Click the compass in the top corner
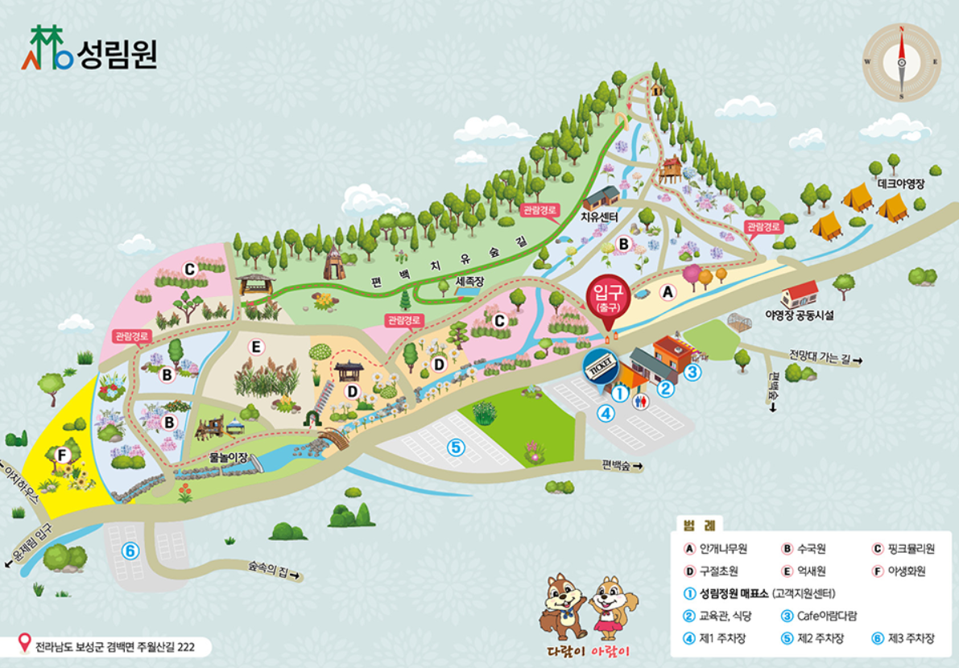[x=902, y=62]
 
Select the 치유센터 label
[x=598, y=216]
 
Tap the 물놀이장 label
[x=229, y=457]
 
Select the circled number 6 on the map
[x=130, y=551]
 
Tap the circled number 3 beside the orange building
[x=692, y=372]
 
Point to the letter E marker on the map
[x=256, y=347]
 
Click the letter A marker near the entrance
[x=666, y=293]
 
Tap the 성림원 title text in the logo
[x=118, y=54]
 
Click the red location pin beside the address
[x=26, y=645]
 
